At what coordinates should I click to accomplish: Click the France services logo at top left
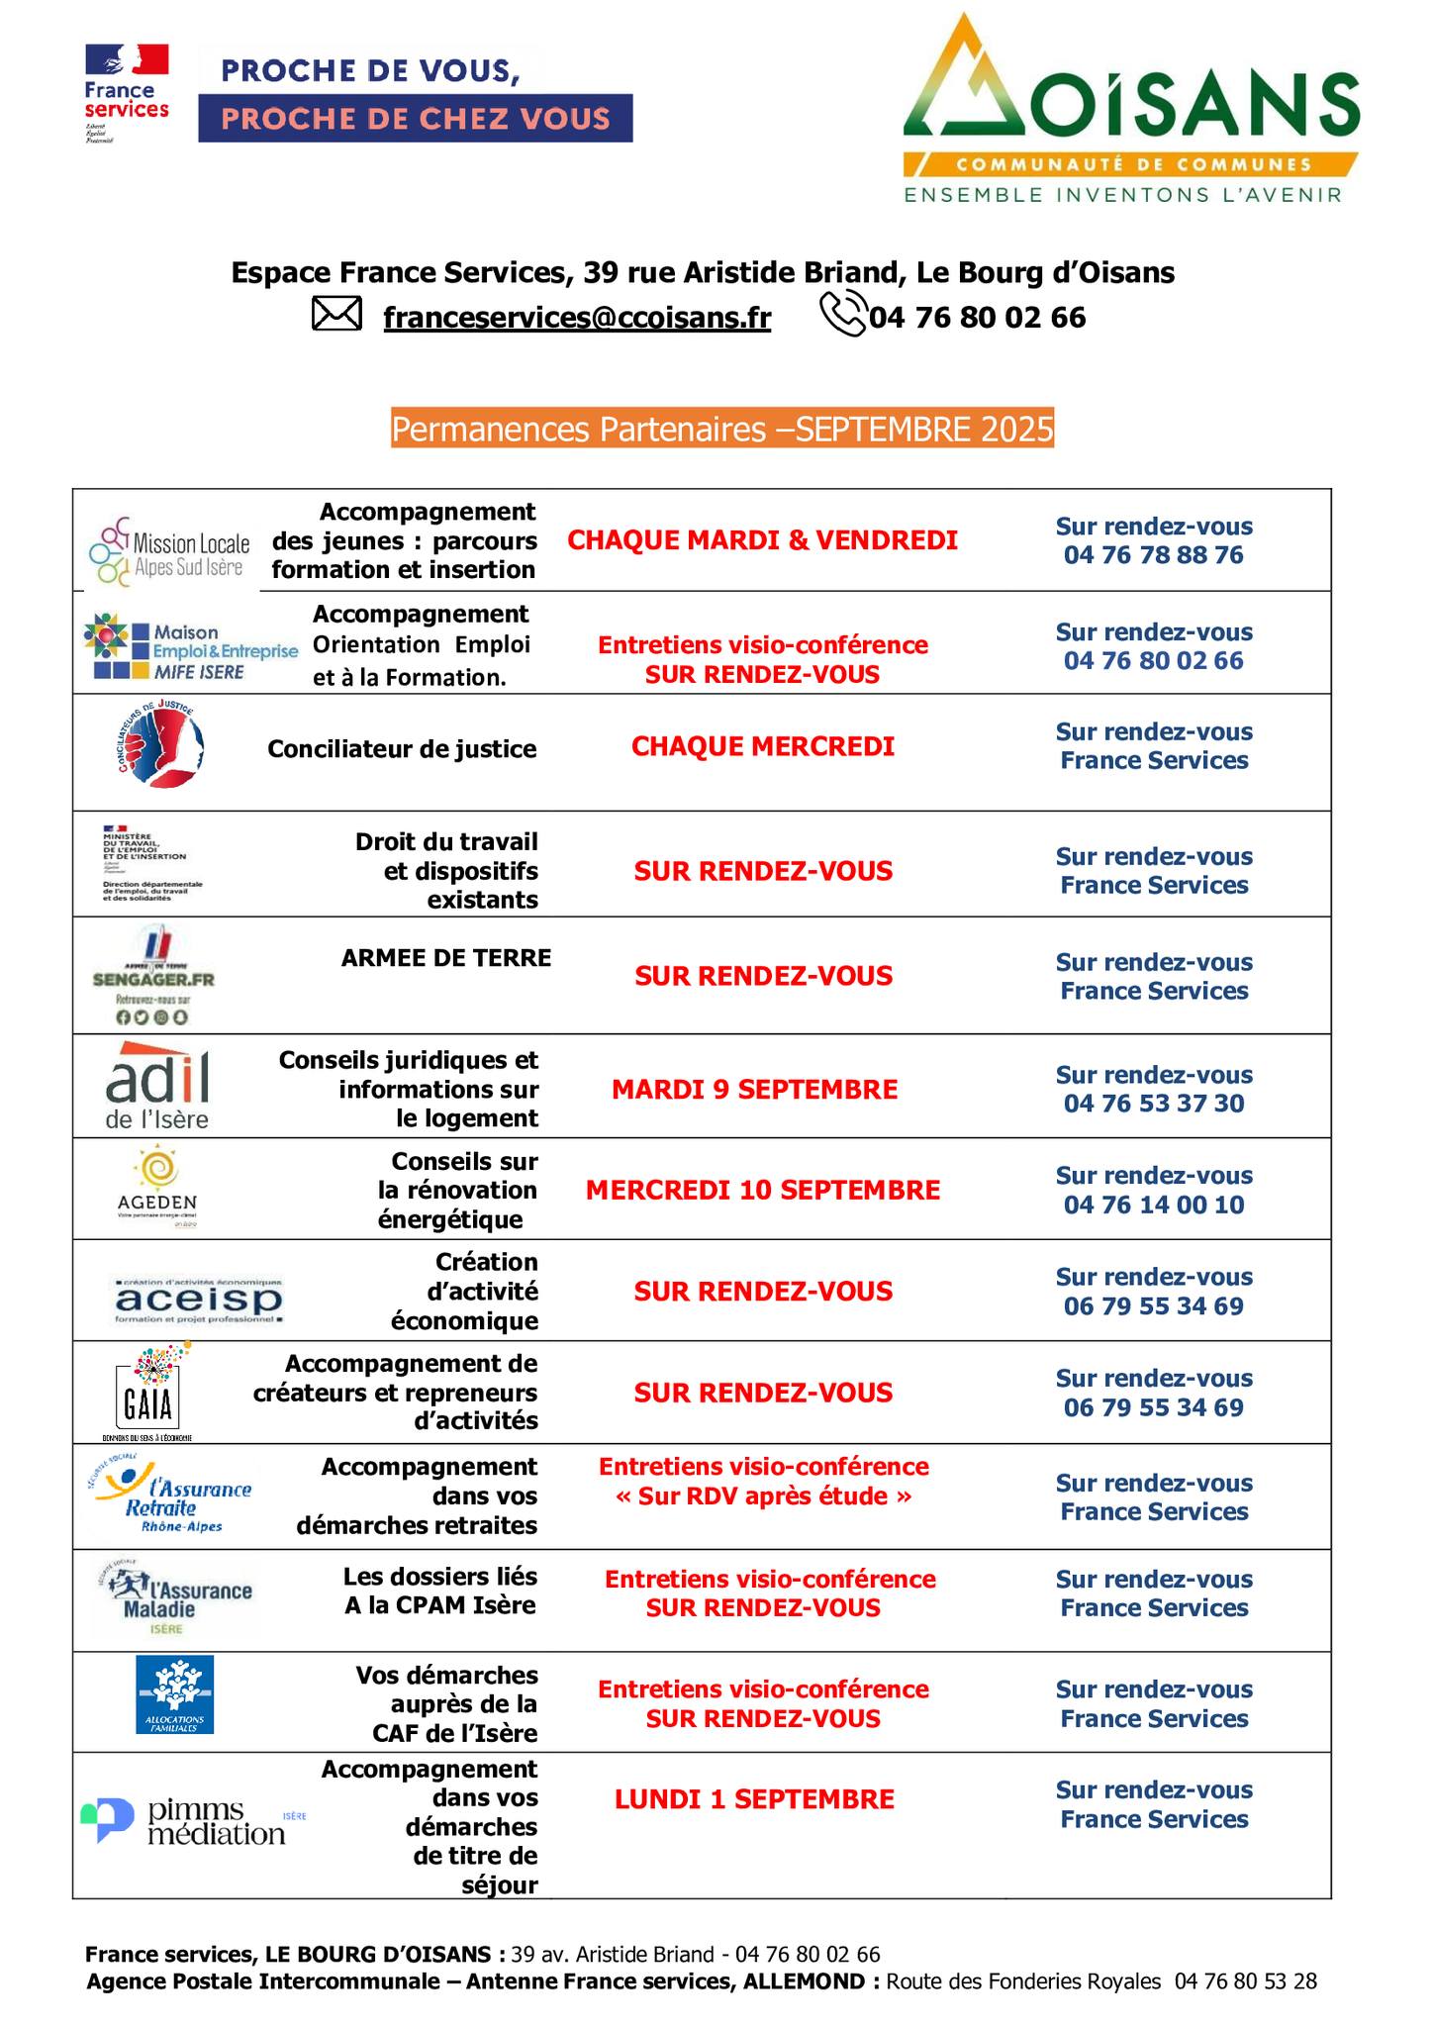click(x=127, y=94)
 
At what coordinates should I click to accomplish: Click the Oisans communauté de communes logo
click(x=1130, y=109)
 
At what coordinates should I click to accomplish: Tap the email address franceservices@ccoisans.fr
click(x=577, y=318)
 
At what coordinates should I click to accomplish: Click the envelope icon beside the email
click(x=336, y=315)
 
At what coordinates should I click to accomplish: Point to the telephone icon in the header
click(x=843, y=316)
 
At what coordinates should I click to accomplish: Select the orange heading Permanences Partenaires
click(x=721, y=430)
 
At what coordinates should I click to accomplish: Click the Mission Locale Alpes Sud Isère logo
click(x=168, y=551)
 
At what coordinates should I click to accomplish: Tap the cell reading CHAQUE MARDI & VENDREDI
click(x=762, y=540)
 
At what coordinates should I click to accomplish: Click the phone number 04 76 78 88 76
click(x=1153, y=555)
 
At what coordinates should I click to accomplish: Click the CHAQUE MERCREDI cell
click(x=762, y=746)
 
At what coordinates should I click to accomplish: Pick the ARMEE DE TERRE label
click(x=445, y=958)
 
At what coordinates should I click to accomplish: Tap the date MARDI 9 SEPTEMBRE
click(x=754, y=1090)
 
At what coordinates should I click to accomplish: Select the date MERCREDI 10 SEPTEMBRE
click(x=762, y=1190)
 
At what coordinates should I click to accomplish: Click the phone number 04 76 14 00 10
click(x=1153, y=1205)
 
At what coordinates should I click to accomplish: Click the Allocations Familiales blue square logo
click(x=174, y=1694)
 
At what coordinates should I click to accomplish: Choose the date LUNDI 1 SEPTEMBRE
click(x=754, y=1799)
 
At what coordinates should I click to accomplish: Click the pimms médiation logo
click(x=188, y=1821)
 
